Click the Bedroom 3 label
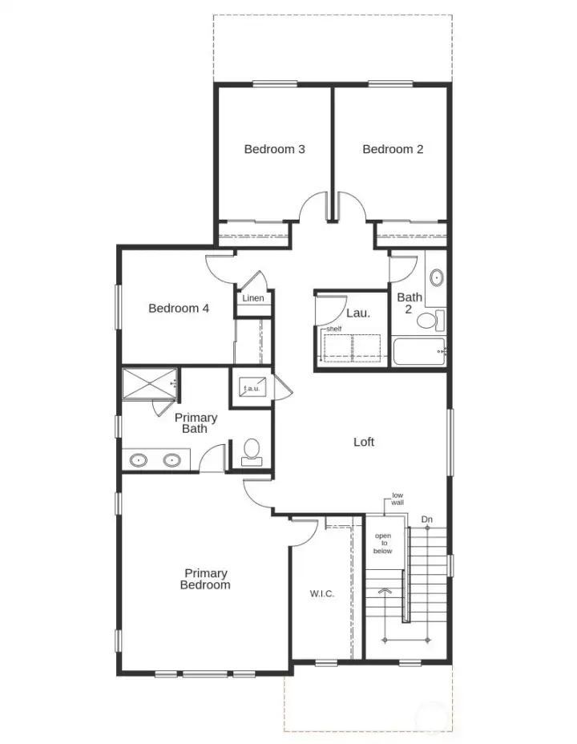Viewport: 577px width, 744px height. coord(275,149)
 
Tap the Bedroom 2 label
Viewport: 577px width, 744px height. coord(393,149)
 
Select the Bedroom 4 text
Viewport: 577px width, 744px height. coord(179,308)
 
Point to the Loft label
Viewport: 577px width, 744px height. coord(364,442)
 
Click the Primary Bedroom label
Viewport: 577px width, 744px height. coord(206,579)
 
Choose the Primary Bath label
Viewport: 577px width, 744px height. coord(196,423)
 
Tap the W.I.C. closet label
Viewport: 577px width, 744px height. coord(321,594)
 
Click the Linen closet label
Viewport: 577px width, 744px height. coord(253,298)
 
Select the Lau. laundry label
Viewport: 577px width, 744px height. coord(357,313)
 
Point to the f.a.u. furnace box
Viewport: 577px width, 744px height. coord(251,389)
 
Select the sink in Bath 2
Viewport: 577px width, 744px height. coord(437,278)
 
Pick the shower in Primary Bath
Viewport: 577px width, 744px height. coord(149,382)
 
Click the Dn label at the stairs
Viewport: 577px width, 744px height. coord(427,520)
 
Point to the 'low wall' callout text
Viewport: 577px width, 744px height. coord(397,499)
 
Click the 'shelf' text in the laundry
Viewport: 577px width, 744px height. coord(333,330)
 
